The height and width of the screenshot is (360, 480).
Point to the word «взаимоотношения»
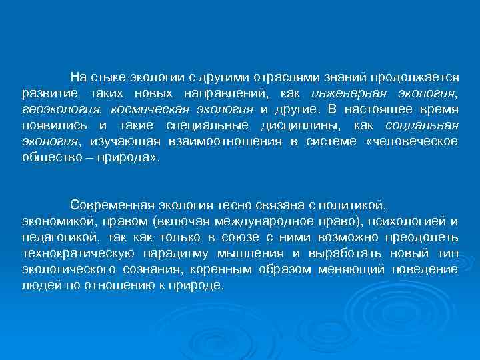point(219,142)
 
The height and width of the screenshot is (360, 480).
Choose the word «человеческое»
point(413,142)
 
